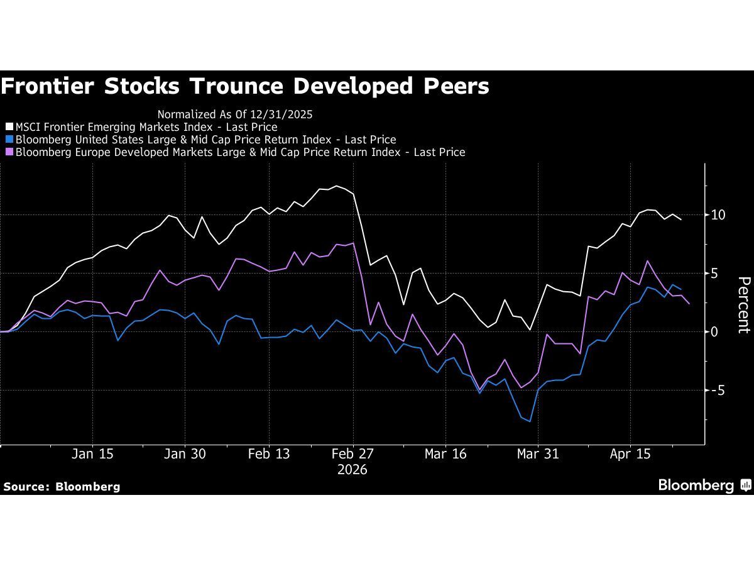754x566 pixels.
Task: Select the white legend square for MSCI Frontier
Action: point(9,127)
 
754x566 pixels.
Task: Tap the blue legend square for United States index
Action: point(9,140)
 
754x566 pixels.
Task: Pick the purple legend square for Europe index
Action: point(9,152)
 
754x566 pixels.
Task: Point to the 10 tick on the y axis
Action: point(718,215)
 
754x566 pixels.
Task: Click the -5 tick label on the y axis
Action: point(718,391)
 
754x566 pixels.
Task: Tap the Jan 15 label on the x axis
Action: point(92,454)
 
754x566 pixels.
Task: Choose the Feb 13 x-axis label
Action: point(269,454)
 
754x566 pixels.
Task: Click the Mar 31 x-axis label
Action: point(537,454)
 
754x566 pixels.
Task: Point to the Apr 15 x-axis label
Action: point(630,454)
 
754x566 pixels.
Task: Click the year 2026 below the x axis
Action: point(352,470)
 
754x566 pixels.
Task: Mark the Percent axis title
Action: point(743,304)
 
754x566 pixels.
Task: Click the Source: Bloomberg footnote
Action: point(62,486)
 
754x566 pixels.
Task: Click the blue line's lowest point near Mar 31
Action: point(530,421)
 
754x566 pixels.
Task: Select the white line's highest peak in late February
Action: point(337,186)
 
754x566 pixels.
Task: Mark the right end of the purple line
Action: point(689,304)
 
